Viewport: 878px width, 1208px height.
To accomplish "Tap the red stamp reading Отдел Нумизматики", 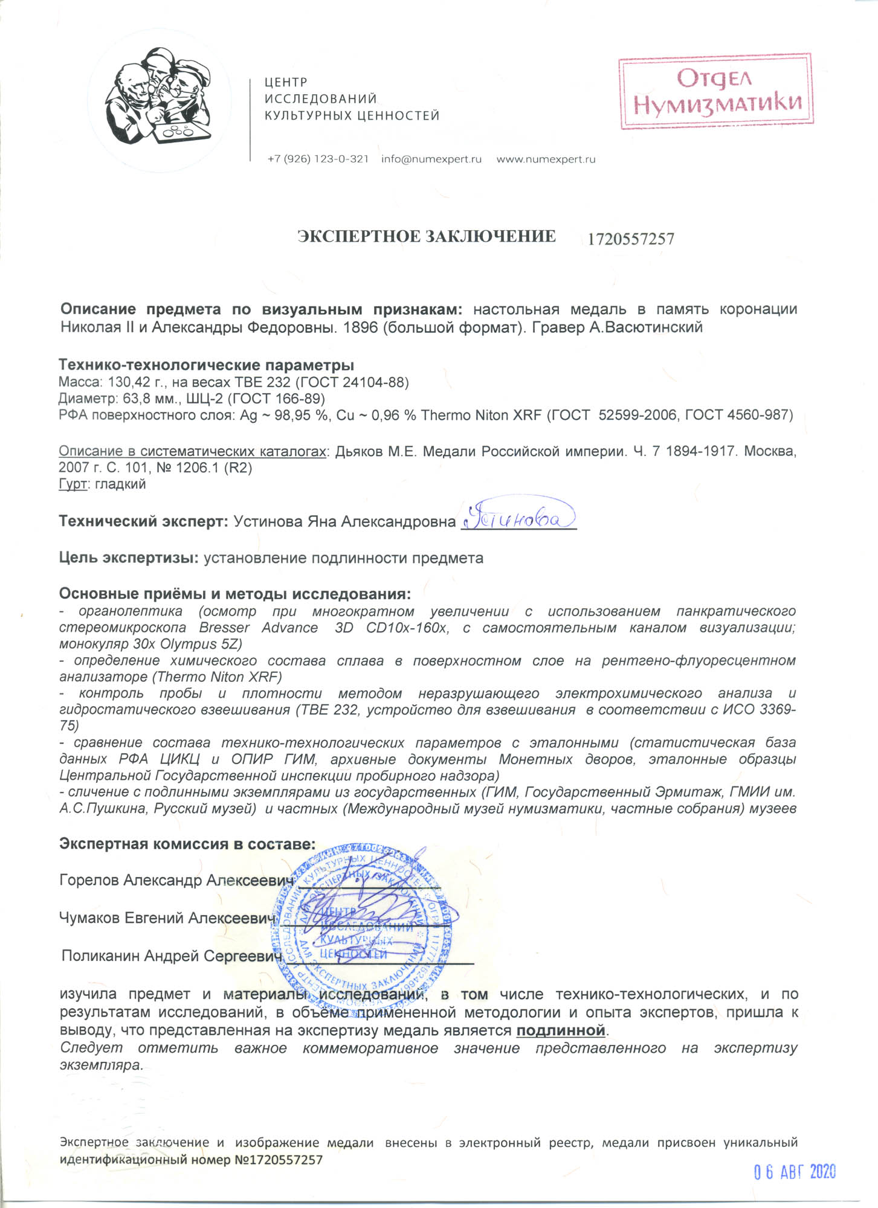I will (x=716, y=91).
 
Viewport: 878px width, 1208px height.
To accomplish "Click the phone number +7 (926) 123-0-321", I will (x=318, y=159).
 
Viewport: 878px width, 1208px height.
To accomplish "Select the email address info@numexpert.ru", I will (x=431, y=159).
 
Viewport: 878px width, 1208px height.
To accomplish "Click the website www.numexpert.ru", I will (x=546, y=159).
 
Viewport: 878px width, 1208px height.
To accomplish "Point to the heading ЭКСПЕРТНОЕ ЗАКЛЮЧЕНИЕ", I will (x=427, y=237).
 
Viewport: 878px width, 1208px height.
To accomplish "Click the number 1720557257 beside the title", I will (x=631, y=239).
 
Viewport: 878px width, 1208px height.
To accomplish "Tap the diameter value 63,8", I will (x=129, y=399).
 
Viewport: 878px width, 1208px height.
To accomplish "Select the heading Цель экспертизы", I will (x=129, y=557).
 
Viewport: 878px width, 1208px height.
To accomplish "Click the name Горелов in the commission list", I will (x=89, y=880).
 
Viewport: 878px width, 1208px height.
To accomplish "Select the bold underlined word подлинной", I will (x=561, y=1030).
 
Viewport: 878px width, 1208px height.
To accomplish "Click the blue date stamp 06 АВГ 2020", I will (x=795, y=1173).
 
